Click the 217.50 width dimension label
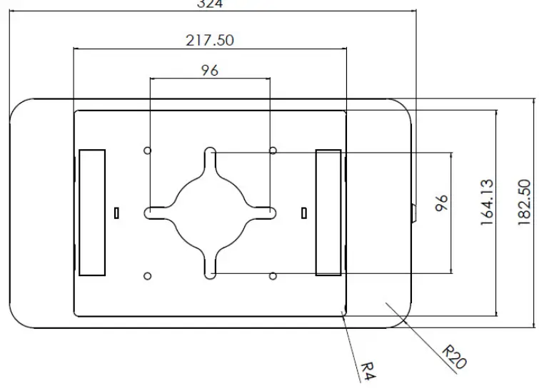[210, 40]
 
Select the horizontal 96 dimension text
[210, 70]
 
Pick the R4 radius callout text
[366, 371]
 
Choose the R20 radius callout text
[453, 357]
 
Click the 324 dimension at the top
[210, 4]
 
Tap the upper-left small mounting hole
[148, 151]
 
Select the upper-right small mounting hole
[273, 151]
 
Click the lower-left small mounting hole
[148, 275]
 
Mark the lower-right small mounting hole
[273, 275]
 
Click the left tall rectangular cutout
[92, 213]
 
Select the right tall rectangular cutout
[328, 213]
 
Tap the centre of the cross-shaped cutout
[211, 213]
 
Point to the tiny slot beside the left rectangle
[116, 212]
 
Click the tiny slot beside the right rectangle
[304, 212]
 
